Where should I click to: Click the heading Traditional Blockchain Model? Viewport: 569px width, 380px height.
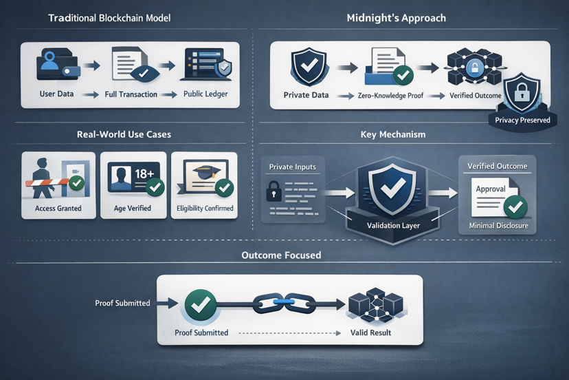click(109, 18)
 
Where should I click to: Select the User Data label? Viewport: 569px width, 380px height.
click(56, 94)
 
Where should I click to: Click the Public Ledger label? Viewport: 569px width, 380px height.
click(205, 94)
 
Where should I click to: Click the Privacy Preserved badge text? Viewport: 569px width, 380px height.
click(522, 120)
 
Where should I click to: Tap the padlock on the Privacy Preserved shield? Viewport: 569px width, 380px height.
click(522, 92)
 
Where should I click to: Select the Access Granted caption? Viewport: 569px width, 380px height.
click(58, 209)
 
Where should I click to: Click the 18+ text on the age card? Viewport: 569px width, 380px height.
click(145, 173)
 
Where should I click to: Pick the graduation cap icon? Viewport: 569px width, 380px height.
click(204, 172)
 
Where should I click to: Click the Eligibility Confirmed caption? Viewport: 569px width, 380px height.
click(205, 209)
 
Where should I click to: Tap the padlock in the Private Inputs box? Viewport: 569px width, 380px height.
click(273, 192)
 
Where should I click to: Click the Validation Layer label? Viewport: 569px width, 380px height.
click(393, 225)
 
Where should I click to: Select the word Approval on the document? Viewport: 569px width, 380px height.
click(491, 189)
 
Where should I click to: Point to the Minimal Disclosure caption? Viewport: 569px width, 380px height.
click(498, 225)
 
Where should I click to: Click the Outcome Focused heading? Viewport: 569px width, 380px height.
click(281, 255)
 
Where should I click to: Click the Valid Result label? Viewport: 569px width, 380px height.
click(371, 332)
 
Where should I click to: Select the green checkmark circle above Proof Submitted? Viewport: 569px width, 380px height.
click(201, 304)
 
